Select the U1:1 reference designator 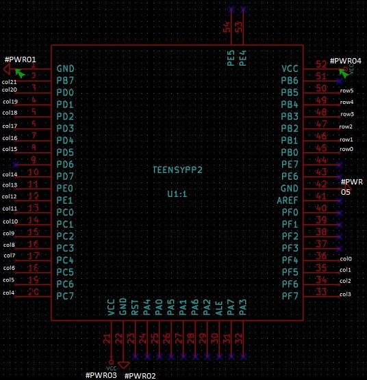pyautogui.click(x=177, y=194)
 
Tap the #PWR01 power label pyautogui.click(x=20, y=60)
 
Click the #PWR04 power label pyautogui.click(x=345, y=61)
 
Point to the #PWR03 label pyautogui.click(x=101, y=375)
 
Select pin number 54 pyautogui.click(x=228, y=27)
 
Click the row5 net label pyautogui.click(x=346, y=91)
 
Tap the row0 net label pyautogui.click(x=346, y=149)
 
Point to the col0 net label pyautogui.click(x=345, y=259)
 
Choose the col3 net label pyautogui.click(x=345, y=294)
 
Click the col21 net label pyautogui.click(x=10, y=82)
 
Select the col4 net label pyautogui.click(x=8, y=293)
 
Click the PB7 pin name pyautogui.click(x=65, y=81)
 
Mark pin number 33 pyautogui.click(x=320, y=293)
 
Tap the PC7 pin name pyautogui.click(x=65, y=296)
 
